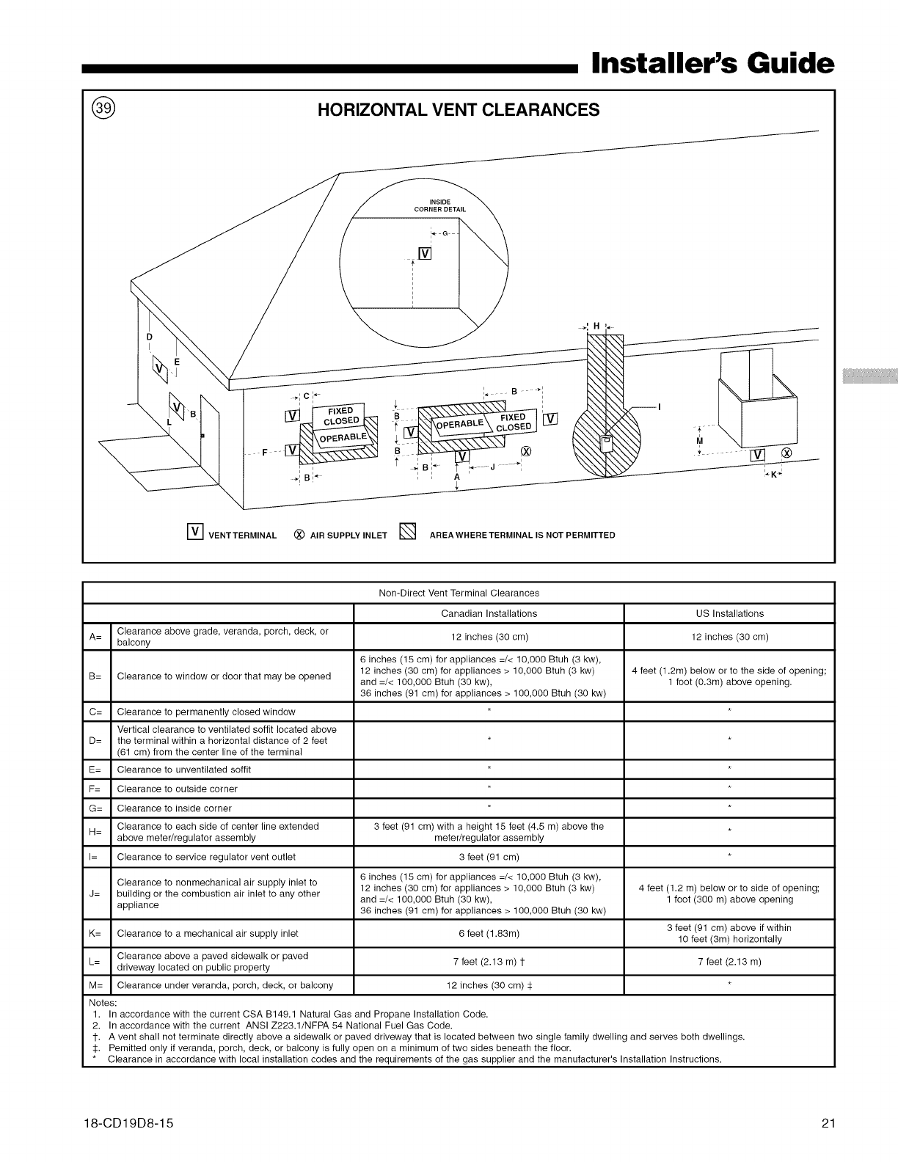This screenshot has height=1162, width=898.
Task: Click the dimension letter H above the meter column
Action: coord(596,326)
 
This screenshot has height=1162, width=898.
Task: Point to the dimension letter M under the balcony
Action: coord(699,441)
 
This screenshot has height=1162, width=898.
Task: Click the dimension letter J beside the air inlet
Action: coord(492,467)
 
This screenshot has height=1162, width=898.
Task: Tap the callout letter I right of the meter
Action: coord(660,406)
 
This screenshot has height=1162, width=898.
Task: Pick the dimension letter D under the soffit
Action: coord(149,337)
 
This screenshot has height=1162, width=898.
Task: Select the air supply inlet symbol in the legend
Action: coord(299,535)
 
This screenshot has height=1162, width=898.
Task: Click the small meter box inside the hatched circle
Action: coord(606,443)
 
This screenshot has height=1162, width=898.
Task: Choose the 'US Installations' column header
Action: coord(729,613)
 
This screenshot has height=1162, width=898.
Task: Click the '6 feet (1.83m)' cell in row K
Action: coord(489,934)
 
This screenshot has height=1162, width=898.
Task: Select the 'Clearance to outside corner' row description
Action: coord(177,789)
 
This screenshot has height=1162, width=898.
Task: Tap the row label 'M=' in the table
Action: coord(96,985)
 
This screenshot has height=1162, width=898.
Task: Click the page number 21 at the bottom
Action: coord(828,1123)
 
